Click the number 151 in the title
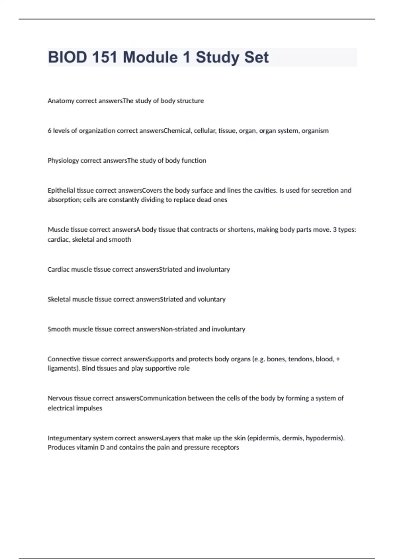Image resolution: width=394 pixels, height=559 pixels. (x=104, y=57)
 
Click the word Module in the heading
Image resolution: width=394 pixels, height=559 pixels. (x=150, y=57)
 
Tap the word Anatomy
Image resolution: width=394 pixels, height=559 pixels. (x=61, y=101)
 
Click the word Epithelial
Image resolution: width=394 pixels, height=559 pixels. (x=61, y=190)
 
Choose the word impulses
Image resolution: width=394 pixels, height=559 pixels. (x=89, y=408)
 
